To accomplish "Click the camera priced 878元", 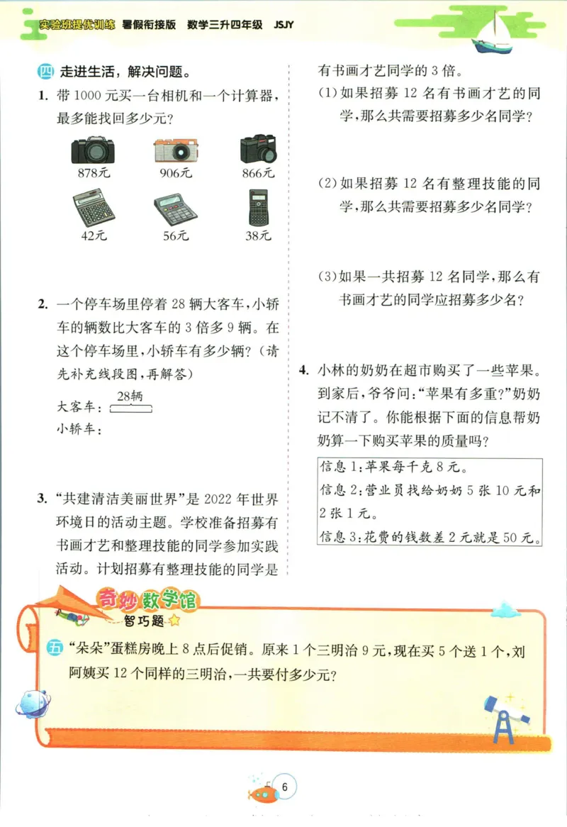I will point(92,149).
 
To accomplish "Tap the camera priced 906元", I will point(176,150).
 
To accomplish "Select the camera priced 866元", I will point(259,149).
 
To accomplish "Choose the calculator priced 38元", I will point(259,208).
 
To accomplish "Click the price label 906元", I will point(176,173).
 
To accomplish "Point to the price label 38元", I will point(258,236).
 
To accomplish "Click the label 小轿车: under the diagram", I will point(79,428).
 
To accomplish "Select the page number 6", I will point(285,785).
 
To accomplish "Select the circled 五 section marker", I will point(56,648).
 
